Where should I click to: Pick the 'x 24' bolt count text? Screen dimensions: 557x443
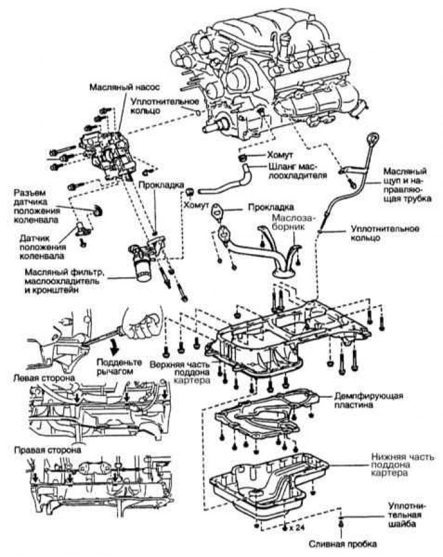tap(297, 526)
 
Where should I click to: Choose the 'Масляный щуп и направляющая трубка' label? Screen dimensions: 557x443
tap(407, 184)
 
